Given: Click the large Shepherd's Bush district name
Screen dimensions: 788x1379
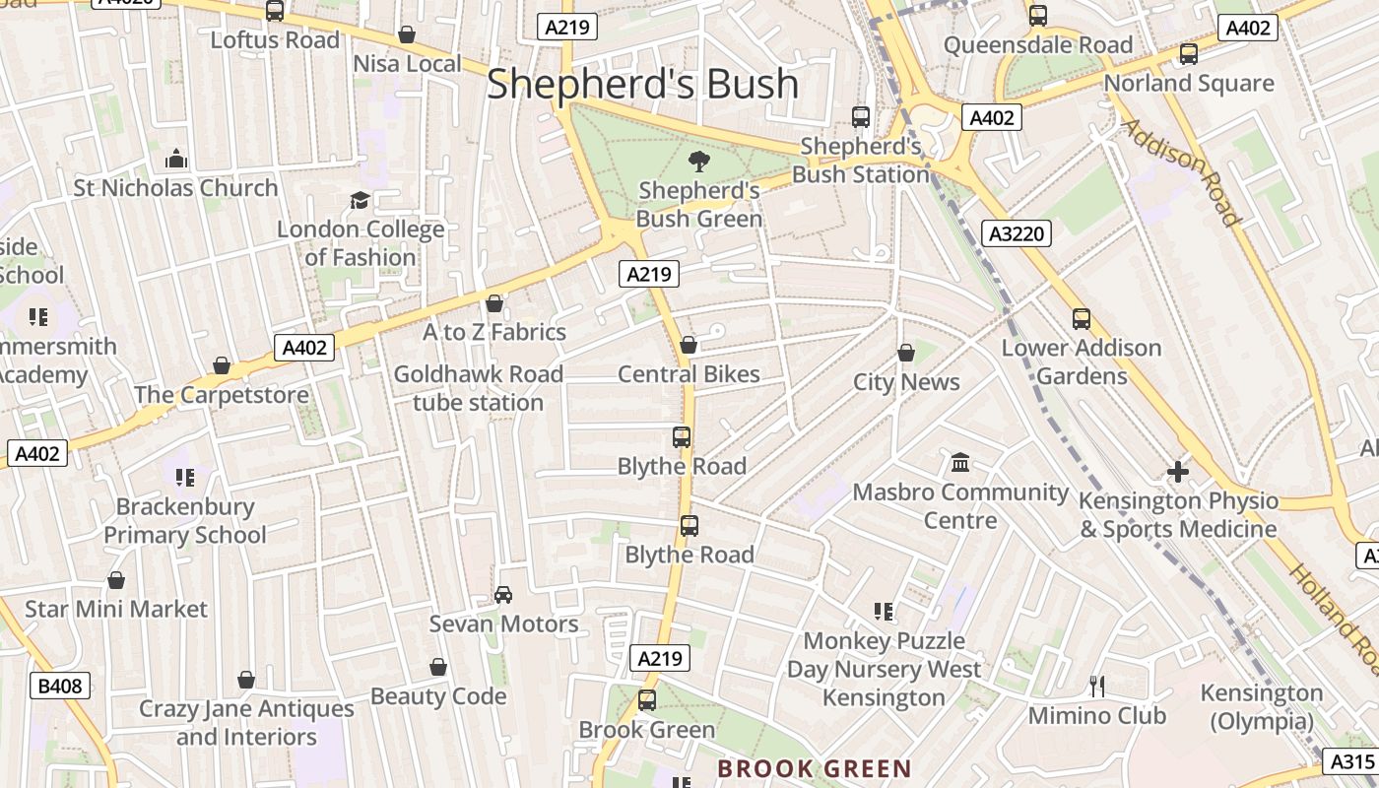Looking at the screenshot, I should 642,84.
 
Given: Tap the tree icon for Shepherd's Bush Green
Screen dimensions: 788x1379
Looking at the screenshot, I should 699,162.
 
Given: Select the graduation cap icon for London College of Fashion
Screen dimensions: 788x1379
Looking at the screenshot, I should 360,201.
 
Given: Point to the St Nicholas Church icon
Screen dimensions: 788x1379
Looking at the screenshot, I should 176,159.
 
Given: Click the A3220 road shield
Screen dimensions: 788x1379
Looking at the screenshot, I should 1018,233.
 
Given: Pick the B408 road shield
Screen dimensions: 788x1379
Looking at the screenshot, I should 61,686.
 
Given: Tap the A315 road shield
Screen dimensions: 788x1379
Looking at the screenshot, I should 1351,761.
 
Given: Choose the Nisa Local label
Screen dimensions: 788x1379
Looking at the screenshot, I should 407,64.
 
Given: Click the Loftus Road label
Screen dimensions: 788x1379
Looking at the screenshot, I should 275,40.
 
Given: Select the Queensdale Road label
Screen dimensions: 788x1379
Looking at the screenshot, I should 1038,45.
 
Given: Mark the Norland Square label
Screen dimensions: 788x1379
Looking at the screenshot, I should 1189,83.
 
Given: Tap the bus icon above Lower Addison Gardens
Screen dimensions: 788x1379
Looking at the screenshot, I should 1082,319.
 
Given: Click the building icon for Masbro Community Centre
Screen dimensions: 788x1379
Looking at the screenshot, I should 960,463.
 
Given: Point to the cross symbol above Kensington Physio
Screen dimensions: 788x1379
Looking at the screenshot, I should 1178,472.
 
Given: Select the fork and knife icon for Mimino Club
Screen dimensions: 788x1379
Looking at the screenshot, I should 1096,686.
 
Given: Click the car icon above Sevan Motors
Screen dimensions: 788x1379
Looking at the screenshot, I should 503,595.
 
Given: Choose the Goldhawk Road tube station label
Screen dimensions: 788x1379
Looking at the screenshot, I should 479,388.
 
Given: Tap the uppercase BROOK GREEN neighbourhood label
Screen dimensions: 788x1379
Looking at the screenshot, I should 814,768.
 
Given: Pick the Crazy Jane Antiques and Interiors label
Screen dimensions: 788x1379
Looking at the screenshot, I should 246,722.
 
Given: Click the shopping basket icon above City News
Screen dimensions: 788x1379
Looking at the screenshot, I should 906,353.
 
